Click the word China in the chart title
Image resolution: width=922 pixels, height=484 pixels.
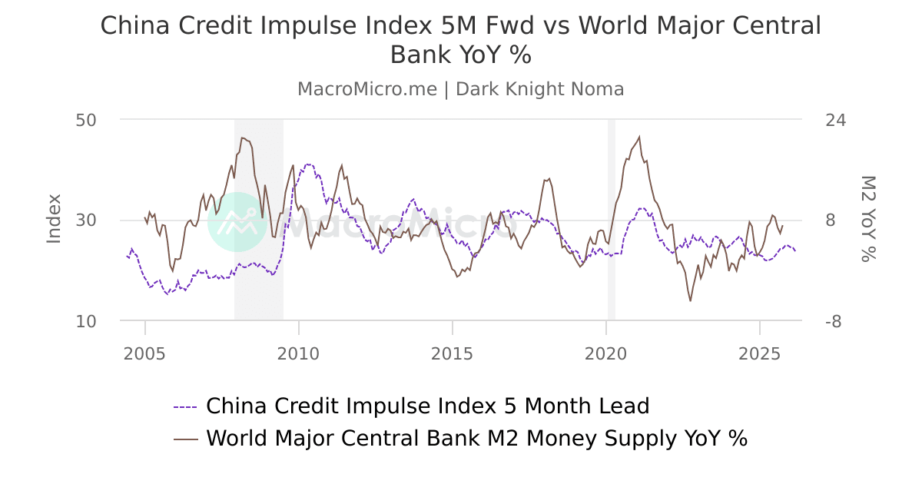tap(131, 26)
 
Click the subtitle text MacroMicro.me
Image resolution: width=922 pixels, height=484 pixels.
tap(367, 89)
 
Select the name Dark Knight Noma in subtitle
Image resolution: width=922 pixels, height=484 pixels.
tap(539, 89)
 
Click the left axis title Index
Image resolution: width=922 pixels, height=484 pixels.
tap(54, 220)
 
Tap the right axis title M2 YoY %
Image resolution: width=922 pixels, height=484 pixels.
tap(867, 220)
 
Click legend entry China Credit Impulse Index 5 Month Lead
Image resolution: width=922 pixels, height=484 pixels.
tap(427, 406)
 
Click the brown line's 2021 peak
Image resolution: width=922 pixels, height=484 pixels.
tap(639, 137)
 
